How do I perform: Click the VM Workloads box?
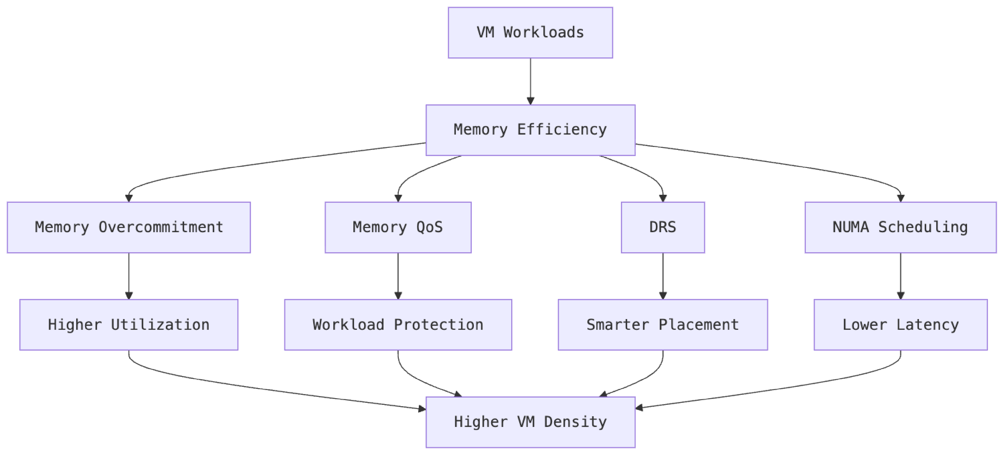[530, 33]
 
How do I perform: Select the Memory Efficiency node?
[530, 130]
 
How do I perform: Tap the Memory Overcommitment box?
[129, 228]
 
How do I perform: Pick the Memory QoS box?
[398, 228]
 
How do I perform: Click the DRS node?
[662, 228]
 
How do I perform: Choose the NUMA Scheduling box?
[900, 228]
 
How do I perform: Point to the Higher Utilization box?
[129, 325]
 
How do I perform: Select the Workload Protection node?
[398, 325]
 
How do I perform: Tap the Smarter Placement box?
[662, 325]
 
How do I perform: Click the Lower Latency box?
[900, 325]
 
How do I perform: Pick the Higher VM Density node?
[530, 422]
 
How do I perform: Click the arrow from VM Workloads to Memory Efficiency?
[530, 81]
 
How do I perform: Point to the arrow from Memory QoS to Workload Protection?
[398, 276]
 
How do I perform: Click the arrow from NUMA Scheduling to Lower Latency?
[901, 276]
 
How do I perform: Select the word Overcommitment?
[161, 227]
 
